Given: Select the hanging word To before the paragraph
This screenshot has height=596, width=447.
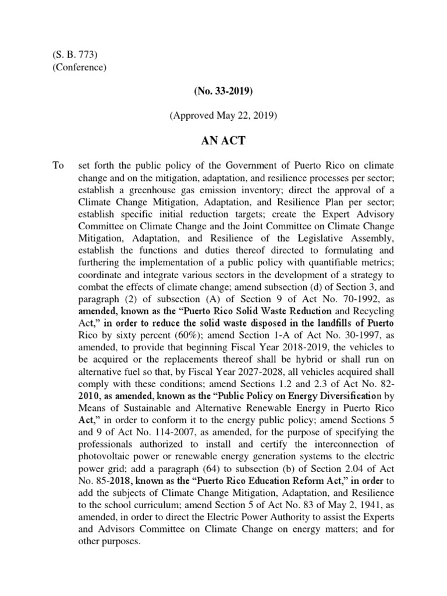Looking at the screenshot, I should [58, 166].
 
